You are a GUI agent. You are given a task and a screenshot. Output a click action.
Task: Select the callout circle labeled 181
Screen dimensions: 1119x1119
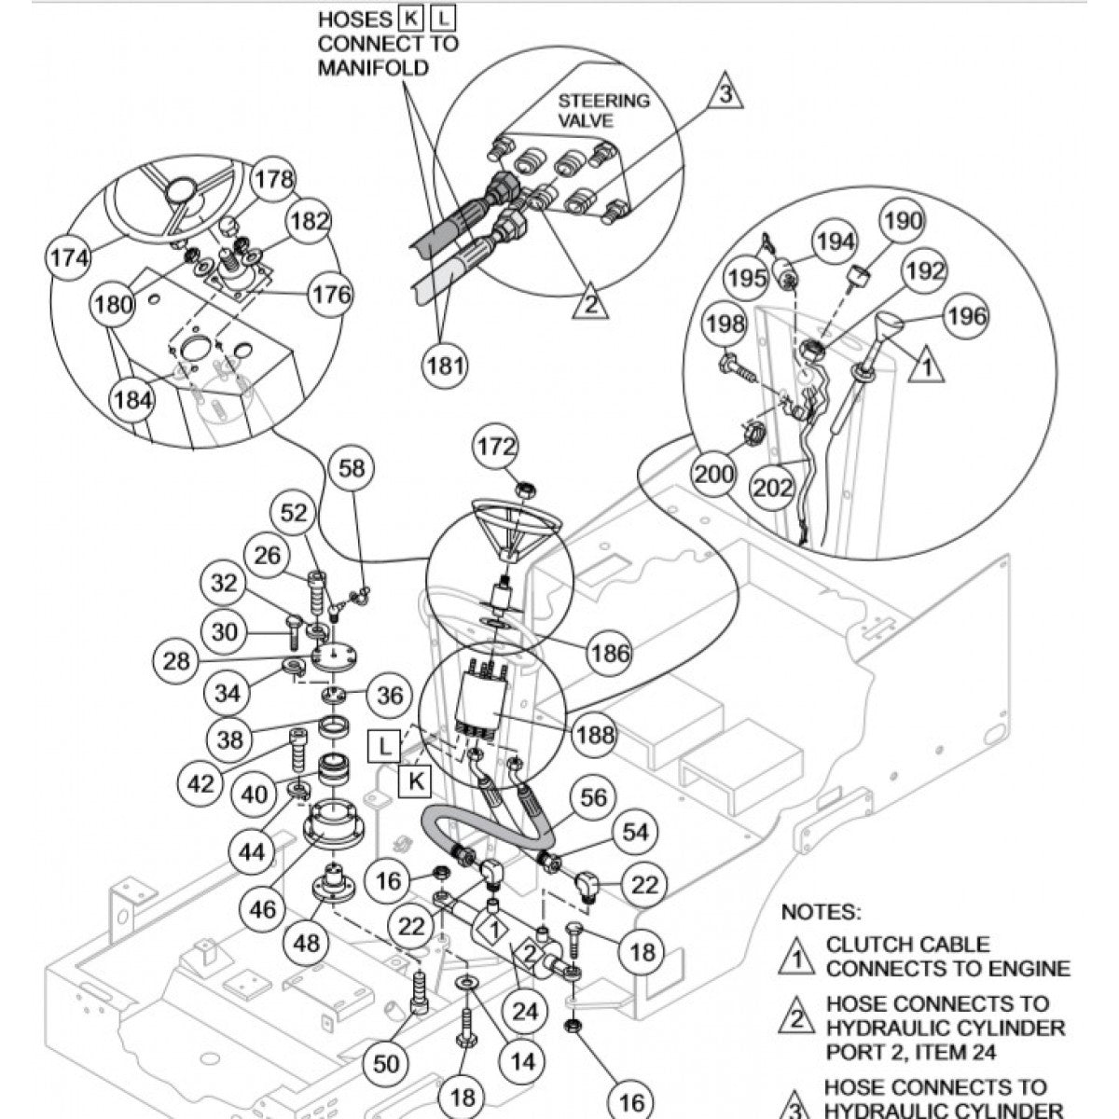tap(446, 366)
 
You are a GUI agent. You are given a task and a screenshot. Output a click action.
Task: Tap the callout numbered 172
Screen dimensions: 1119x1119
tap(496, 448)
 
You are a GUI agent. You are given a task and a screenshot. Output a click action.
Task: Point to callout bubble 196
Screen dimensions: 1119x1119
tap(966, 316)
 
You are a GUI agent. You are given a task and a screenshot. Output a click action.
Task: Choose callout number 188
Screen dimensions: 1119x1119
tap(595, 735)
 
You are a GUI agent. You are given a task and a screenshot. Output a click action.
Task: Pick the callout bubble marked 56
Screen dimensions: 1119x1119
tap(593, 797)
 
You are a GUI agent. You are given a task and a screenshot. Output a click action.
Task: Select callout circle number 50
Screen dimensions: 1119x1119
tap(386, 1062)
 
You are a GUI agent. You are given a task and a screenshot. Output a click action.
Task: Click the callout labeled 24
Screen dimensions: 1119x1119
tap(525, 1012)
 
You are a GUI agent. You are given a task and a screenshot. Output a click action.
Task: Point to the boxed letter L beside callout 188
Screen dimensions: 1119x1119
tap(386, 746)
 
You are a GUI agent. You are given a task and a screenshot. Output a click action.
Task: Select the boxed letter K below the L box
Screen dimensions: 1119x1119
tap(417, 781)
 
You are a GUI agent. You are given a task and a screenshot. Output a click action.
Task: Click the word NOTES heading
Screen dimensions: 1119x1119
tap(821, 911)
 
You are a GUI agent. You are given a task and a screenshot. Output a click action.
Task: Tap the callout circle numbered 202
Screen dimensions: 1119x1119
tap(772, 487)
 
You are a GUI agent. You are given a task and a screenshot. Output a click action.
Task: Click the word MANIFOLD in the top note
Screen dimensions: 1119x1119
tap(373, 67)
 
